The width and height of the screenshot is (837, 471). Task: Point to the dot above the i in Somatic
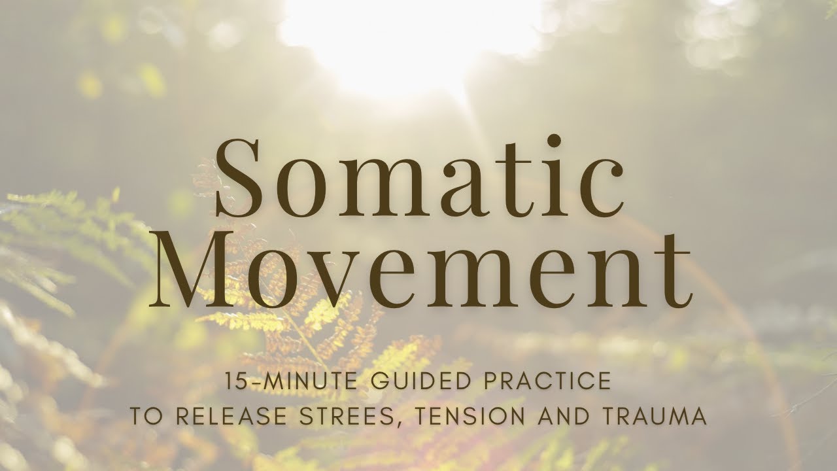554,141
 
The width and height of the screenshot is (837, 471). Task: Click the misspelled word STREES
334,417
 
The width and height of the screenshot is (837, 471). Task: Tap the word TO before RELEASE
143,417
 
